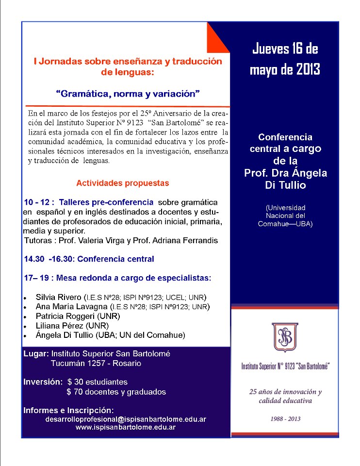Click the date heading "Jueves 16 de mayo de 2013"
pos(285,59)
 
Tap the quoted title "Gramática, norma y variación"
pos(128,93)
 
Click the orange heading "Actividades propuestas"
pos(123,183)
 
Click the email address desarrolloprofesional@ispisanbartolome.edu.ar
pos(126,418)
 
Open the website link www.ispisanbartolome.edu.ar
pos(126,427)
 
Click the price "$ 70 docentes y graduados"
pos(116,392)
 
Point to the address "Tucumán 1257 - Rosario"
pos(97,363)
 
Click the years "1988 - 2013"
pos(285,418)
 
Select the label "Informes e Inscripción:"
pos(68,410)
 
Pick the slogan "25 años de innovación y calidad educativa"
pos(285,396)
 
